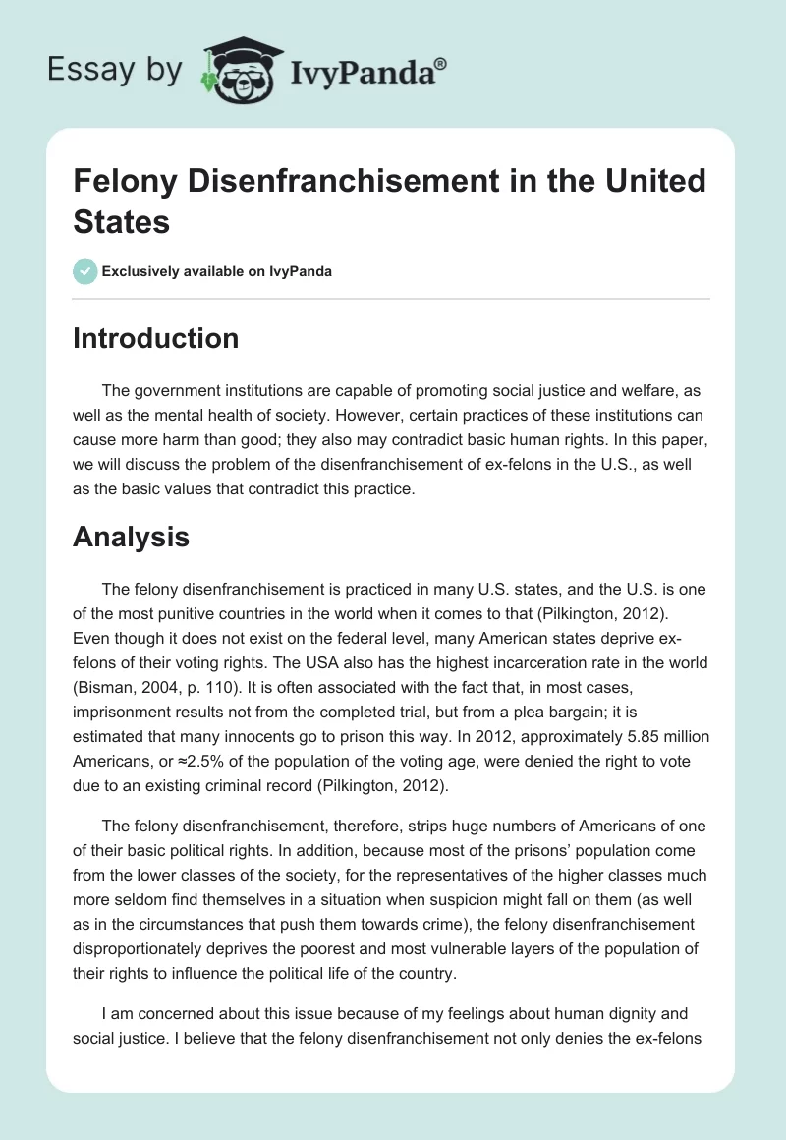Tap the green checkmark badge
(85, 271)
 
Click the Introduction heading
(156, 338)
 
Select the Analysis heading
(131, 537)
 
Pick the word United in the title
(655, 181)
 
